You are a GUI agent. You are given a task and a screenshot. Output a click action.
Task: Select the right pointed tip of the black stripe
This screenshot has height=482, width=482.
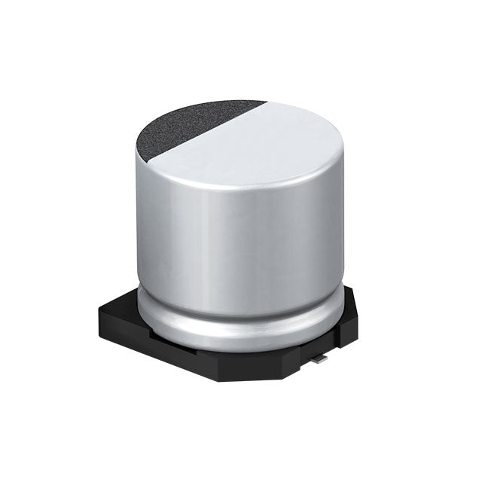(266, 103)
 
